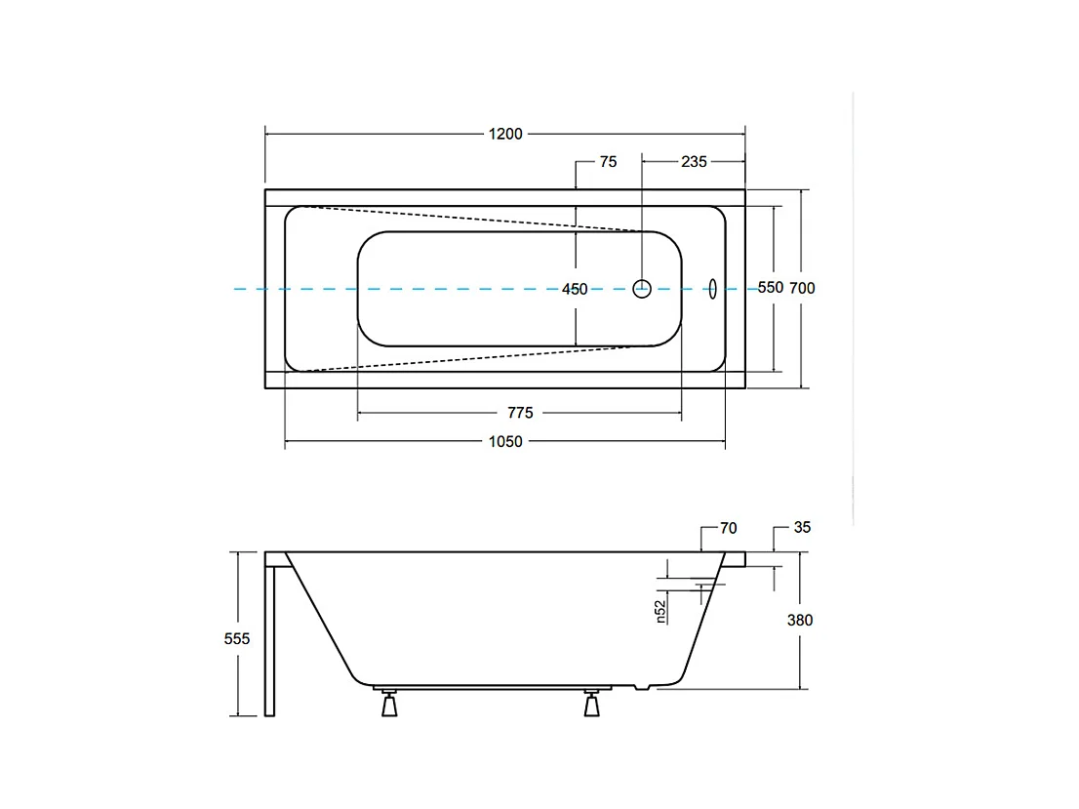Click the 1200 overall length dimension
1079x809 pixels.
(505, 135)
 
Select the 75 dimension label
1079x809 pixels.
(609, 162)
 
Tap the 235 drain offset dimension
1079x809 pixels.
(694, 162)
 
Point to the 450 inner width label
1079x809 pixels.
(575, 289)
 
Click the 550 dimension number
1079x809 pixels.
(771, 288)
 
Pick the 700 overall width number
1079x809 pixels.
(802, 289)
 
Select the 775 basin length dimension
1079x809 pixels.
(520, 413)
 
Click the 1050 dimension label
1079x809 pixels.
(505, 442)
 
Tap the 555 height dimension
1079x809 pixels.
(237, 639)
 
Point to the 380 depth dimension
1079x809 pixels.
(800, 621)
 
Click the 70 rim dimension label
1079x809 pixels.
(729, 528)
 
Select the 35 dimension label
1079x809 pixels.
(802, 527)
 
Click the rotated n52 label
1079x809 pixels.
(660, 612)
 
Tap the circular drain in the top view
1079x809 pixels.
(642, 289)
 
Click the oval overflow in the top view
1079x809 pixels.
(712, 289)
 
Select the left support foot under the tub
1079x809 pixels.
(390, 703)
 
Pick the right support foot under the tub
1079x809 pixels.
(591, 703)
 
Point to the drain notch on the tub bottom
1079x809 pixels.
(641, 687)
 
